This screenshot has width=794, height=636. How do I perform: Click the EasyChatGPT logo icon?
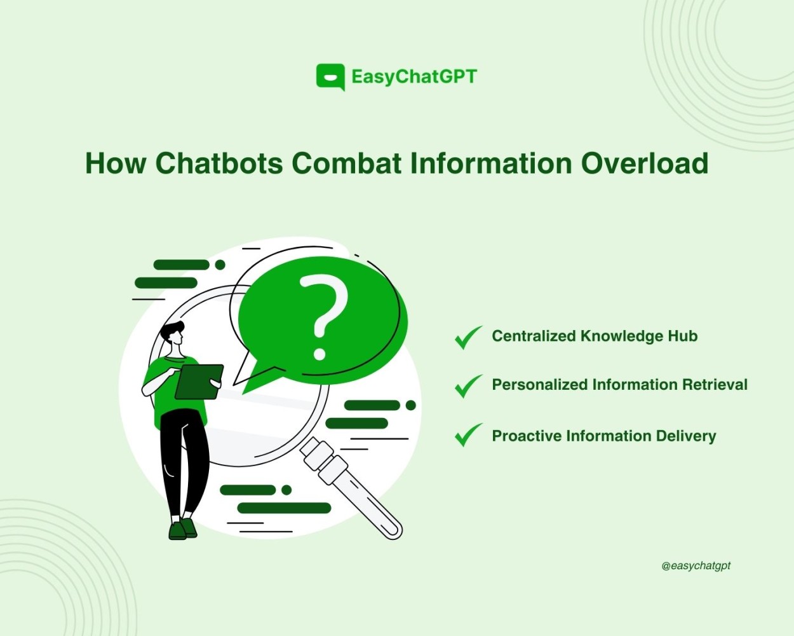[x=330, y=77]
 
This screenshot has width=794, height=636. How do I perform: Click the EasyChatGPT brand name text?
[x=414, y=77]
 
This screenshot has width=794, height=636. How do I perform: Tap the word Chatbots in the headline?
[x=219, y=163]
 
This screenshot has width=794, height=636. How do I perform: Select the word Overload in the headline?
[x=645, y=163]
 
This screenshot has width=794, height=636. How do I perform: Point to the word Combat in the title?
[x=346, y=163]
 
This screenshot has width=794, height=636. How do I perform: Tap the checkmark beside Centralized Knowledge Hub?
[x=469, y=337]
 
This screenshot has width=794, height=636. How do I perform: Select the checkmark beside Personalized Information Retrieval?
[x=469, y=385]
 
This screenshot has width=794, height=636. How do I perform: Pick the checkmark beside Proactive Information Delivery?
[x=469, y=434]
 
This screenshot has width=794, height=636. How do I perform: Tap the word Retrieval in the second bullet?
[x=715, y=384]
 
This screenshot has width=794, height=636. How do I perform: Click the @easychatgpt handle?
[x=696, y=566]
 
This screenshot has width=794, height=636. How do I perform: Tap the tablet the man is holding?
[x=199, y=382]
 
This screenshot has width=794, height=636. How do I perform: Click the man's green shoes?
[x=183, y=529]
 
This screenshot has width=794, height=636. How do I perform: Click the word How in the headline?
[x=116, y=163]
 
